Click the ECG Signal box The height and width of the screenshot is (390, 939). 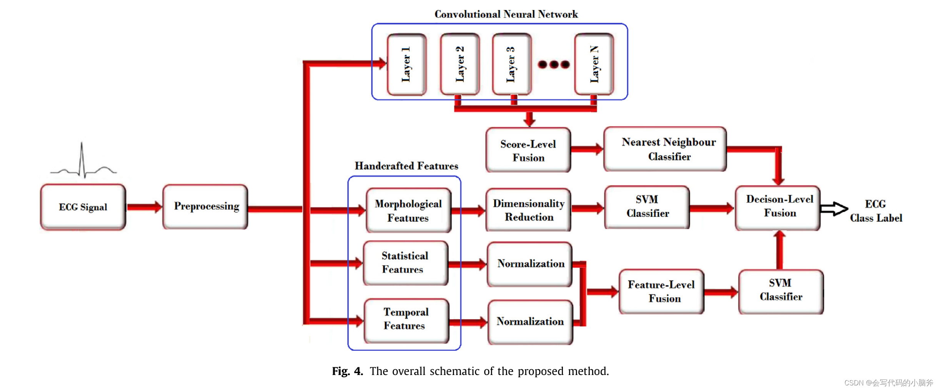click(83, 207)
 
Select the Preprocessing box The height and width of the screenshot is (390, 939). click(205, 207)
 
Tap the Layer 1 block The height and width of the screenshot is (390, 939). click(407, 64)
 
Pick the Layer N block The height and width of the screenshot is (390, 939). click(594, 64)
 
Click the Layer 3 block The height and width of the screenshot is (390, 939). click(512, 64)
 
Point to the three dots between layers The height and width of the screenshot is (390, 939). click(554, 64)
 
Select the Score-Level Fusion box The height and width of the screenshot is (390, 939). click(528, 150)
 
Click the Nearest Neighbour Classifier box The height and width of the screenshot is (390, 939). click(665, 149)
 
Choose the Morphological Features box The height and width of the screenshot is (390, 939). click(408, 210)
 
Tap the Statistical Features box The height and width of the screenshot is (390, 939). click(405, 263)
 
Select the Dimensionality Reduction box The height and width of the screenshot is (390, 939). click(528, 210)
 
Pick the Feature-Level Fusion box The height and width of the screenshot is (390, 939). click(661, 292)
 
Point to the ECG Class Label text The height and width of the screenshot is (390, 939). click(876, 211)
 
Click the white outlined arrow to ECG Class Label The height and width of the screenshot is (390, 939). click(834, 209)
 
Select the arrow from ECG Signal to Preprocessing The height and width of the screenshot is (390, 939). click(144, 207)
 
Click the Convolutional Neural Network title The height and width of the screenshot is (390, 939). click(506, 14)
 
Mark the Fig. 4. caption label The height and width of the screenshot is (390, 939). click(347, 371)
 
